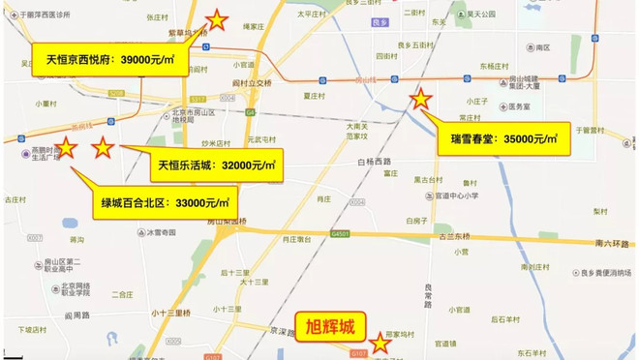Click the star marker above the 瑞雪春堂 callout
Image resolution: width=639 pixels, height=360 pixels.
pos(421,98)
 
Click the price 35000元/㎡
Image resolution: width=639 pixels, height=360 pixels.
pos(530,138)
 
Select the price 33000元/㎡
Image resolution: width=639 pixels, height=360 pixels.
pos(203,203)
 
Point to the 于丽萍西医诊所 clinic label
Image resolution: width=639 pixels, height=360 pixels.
pos(38,18)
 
